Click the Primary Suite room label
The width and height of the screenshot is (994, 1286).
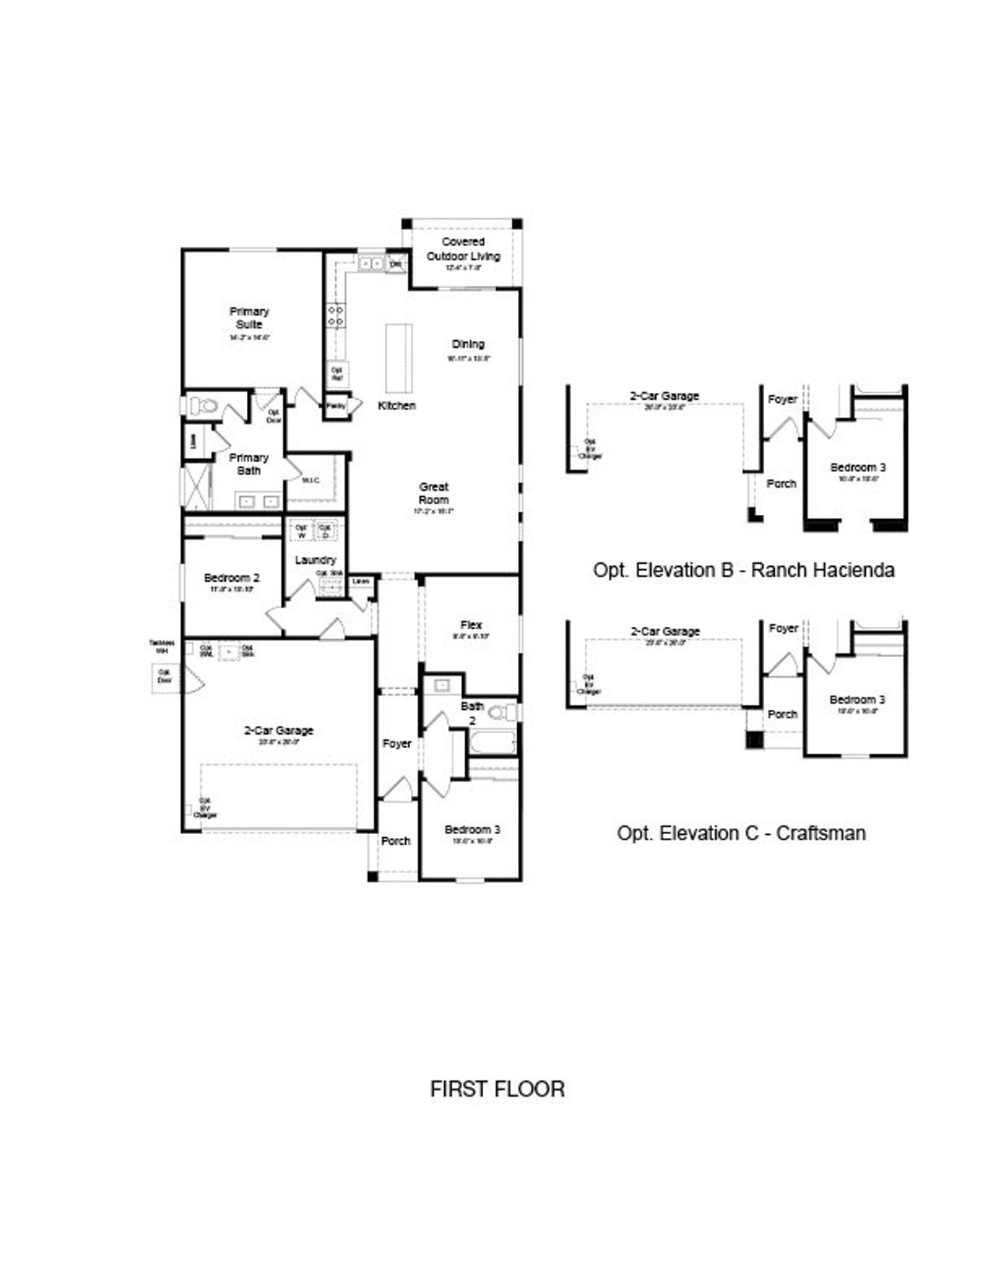click(248, 318)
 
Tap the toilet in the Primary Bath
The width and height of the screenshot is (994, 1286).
click(202, 405)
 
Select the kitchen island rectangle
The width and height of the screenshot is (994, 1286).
click(398, 358)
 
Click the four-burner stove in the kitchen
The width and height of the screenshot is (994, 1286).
click(336, 315)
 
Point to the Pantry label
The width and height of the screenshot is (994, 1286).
click(335, 405)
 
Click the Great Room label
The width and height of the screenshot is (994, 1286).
click(433, 493)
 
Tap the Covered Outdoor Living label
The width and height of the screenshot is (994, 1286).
click(463, 249)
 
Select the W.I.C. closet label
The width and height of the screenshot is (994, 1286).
click(311, 481)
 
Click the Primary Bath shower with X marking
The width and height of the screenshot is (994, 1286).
click(196, 487)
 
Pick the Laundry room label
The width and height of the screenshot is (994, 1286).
click(315, 560)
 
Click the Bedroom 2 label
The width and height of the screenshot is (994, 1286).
click(231, 578)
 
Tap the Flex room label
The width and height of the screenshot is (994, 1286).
click(471, 624)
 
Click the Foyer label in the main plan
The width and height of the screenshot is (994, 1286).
click(397, 743)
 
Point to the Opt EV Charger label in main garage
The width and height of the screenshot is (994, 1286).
click(204, 808)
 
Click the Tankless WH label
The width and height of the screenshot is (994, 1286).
click(162, 647)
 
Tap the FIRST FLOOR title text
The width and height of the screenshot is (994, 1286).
click(497, 1089)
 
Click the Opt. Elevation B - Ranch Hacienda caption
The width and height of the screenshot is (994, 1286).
click(743, 570)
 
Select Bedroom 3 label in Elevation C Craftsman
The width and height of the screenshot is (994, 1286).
click(857, 700)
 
